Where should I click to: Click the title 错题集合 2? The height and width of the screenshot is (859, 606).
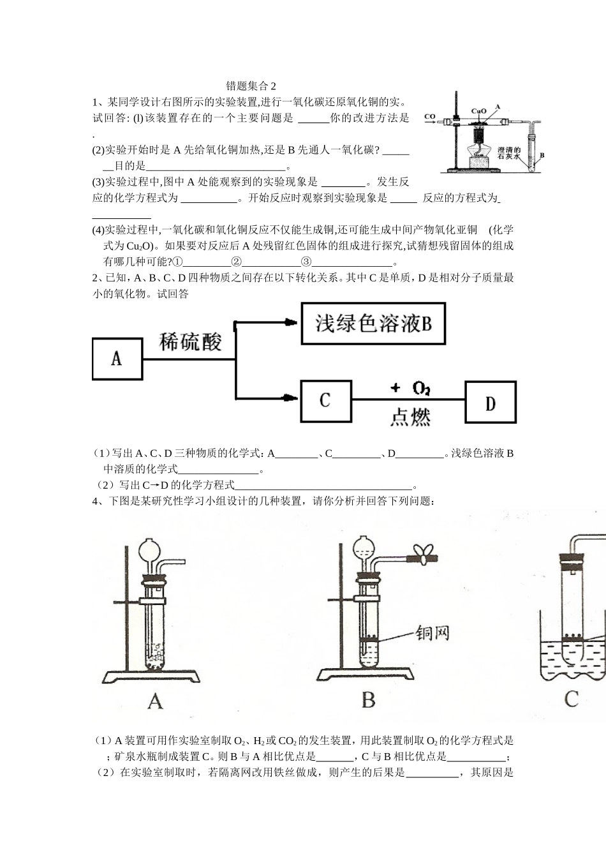click(x=252, y=86)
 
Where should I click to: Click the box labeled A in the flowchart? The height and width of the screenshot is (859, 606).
click(x=117, y=359)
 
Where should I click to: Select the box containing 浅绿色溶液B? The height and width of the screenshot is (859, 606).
click(x=373, y=324)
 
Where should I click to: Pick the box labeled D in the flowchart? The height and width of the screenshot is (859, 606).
click(x=490, y=403)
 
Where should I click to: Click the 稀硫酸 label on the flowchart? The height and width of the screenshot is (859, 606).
click(x=190, y=342)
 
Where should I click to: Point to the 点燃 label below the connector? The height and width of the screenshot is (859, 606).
click(x=410, y=417)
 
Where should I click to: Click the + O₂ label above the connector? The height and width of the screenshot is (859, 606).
click(x=410, y=387)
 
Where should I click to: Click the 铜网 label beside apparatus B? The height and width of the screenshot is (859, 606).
click(x=432, y=633)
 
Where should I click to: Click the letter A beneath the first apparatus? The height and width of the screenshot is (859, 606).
click(x=155, y=701)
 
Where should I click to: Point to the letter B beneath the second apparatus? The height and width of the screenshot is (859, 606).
click(x=368, y=700)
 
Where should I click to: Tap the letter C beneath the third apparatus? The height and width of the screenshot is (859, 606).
click(x=571, y=699)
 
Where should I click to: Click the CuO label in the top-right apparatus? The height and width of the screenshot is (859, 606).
click(x=478, y=111)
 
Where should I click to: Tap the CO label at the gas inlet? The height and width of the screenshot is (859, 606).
click(x=430, y=117)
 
